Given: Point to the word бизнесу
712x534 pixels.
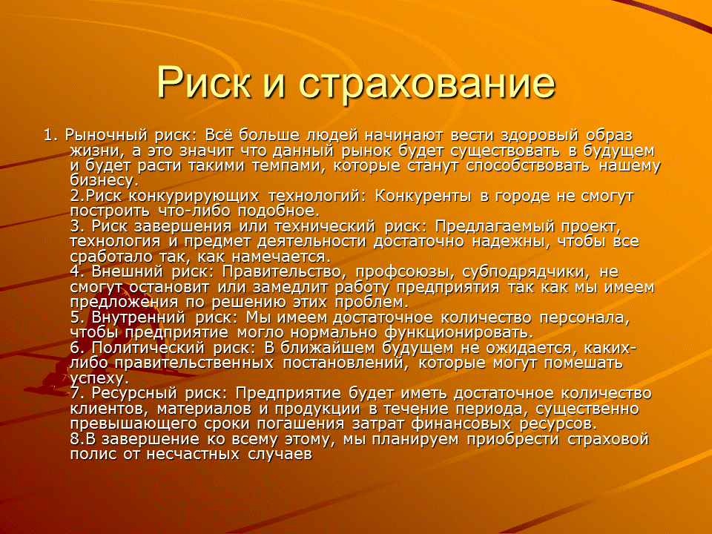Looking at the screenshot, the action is pos(104,181).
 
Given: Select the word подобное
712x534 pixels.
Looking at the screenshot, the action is pos(280,211).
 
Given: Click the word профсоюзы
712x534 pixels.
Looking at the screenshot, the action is pos(403,272).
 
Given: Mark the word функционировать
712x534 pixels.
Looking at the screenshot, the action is pos(458,333).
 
